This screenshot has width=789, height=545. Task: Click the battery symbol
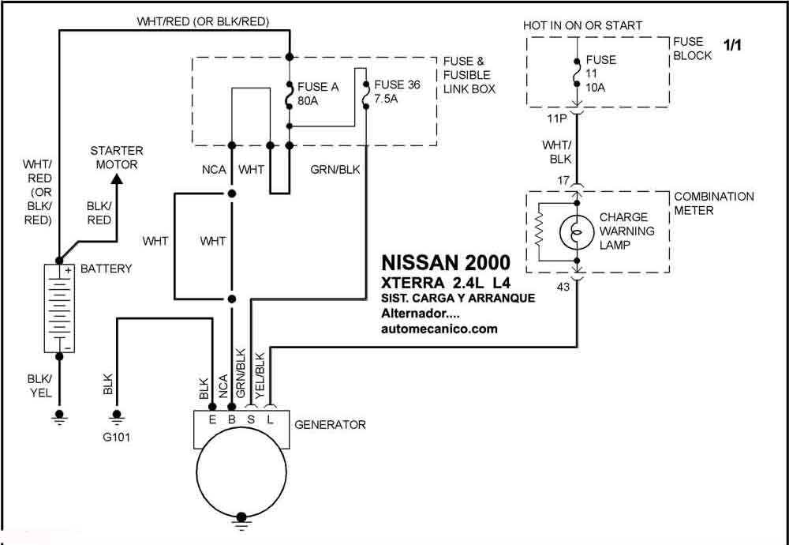58,308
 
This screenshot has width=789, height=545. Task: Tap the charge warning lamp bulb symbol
578,232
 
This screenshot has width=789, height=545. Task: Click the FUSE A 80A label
317,94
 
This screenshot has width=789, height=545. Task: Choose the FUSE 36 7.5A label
397,91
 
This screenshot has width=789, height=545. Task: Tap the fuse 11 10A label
600,73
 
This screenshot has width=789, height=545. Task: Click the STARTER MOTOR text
116,157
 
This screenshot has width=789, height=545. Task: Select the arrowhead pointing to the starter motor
117,179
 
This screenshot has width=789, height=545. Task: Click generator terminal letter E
212,420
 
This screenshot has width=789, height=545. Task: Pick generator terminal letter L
270,420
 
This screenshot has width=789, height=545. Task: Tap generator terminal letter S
251,420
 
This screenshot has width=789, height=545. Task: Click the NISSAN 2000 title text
446,262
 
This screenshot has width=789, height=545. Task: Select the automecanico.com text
439,329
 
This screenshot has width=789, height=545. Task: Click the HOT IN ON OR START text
582,26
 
